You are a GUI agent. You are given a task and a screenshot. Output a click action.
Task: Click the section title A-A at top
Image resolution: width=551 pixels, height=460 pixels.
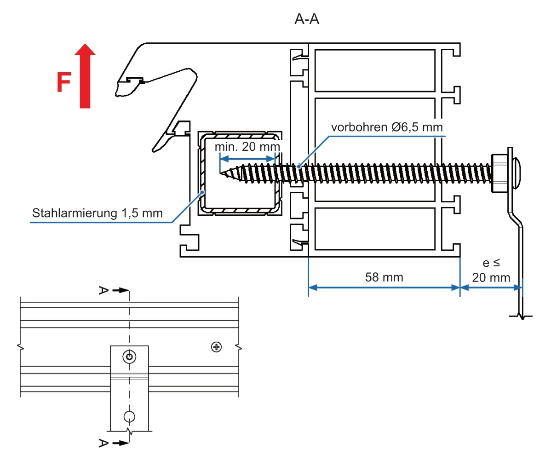307,20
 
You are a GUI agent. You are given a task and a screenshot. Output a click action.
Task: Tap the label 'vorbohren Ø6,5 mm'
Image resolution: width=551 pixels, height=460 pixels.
387,127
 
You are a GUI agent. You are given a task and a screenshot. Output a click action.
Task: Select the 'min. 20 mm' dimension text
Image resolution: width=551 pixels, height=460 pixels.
247,147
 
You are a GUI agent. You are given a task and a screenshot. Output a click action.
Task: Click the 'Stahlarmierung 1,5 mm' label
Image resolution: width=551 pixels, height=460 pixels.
98,213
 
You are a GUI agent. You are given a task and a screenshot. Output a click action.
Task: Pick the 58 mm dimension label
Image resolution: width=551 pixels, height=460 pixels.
384,277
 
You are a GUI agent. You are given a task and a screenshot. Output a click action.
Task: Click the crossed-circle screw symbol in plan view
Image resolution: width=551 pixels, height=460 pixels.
216,347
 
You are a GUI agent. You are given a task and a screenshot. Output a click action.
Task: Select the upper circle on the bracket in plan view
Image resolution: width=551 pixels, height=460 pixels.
130,356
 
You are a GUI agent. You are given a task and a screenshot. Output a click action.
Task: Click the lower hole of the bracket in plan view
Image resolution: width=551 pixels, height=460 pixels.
130,416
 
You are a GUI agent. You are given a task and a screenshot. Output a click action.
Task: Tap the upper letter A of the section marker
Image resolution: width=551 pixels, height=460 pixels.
104,290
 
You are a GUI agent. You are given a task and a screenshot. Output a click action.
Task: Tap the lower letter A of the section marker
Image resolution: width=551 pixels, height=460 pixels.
104,443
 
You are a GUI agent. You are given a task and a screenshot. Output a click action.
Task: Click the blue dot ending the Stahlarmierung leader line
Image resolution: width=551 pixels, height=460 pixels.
201,192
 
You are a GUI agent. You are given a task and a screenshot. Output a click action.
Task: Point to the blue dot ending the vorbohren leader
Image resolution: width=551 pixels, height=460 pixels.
299,166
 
